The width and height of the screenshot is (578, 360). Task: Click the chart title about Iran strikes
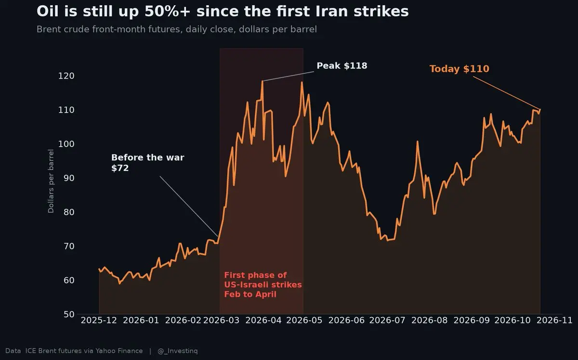point(223,12)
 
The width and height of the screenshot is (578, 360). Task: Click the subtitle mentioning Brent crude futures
point(177,29)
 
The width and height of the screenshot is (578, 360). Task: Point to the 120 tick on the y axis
point(66,76)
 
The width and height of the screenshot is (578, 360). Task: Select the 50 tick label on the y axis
point(69,314)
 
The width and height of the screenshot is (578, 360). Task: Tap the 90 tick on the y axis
point(69,178)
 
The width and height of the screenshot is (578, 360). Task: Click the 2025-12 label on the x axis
point(99,320)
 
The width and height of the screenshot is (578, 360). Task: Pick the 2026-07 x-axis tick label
point(387,320)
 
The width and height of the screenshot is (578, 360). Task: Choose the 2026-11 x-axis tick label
point(554,320)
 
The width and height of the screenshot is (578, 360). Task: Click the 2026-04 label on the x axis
point(263,320)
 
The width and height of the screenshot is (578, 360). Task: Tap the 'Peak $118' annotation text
point(342,66)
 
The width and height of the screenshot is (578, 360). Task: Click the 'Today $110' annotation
point(460,69)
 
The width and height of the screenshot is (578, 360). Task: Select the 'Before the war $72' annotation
point(148,163)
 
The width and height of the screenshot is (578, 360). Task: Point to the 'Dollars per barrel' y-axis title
point(51,181)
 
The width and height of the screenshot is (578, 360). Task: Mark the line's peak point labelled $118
point(263,81)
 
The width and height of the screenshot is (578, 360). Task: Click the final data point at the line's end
point(540,109)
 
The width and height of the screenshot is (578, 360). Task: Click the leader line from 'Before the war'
point(189,206)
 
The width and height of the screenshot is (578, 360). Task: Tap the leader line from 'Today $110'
point(506,93)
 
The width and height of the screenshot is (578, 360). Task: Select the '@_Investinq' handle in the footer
point(178,351)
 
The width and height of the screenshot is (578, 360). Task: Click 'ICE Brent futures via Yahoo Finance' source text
point(84,351)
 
